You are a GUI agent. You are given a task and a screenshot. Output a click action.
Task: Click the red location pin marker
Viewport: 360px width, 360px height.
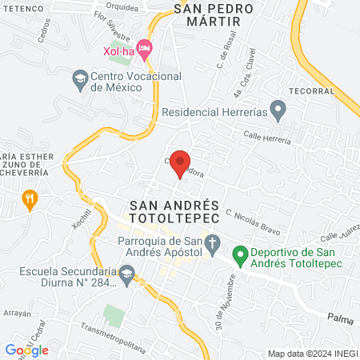point(181,161)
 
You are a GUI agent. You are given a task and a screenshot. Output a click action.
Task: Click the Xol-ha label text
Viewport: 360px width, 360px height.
point(119,53)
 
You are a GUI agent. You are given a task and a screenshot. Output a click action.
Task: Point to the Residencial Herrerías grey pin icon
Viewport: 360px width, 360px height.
point(278,108)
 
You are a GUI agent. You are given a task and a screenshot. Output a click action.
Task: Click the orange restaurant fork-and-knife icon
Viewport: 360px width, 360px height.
point(30,198)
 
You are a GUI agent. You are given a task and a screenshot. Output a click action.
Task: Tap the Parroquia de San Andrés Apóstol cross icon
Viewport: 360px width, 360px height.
point(213,242)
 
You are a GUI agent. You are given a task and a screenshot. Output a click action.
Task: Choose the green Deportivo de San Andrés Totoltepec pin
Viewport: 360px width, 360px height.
point(238,256)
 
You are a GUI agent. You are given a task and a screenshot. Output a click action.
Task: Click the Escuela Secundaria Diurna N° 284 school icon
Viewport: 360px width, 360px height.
point(126,274)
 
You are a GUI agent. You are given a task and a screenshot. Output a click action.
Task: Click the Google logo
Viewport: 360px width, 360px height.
point(26,350)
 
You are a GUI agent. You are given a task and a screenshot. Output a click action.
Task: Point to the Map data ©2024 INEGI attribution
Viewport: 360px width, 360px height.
point(312,354)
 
